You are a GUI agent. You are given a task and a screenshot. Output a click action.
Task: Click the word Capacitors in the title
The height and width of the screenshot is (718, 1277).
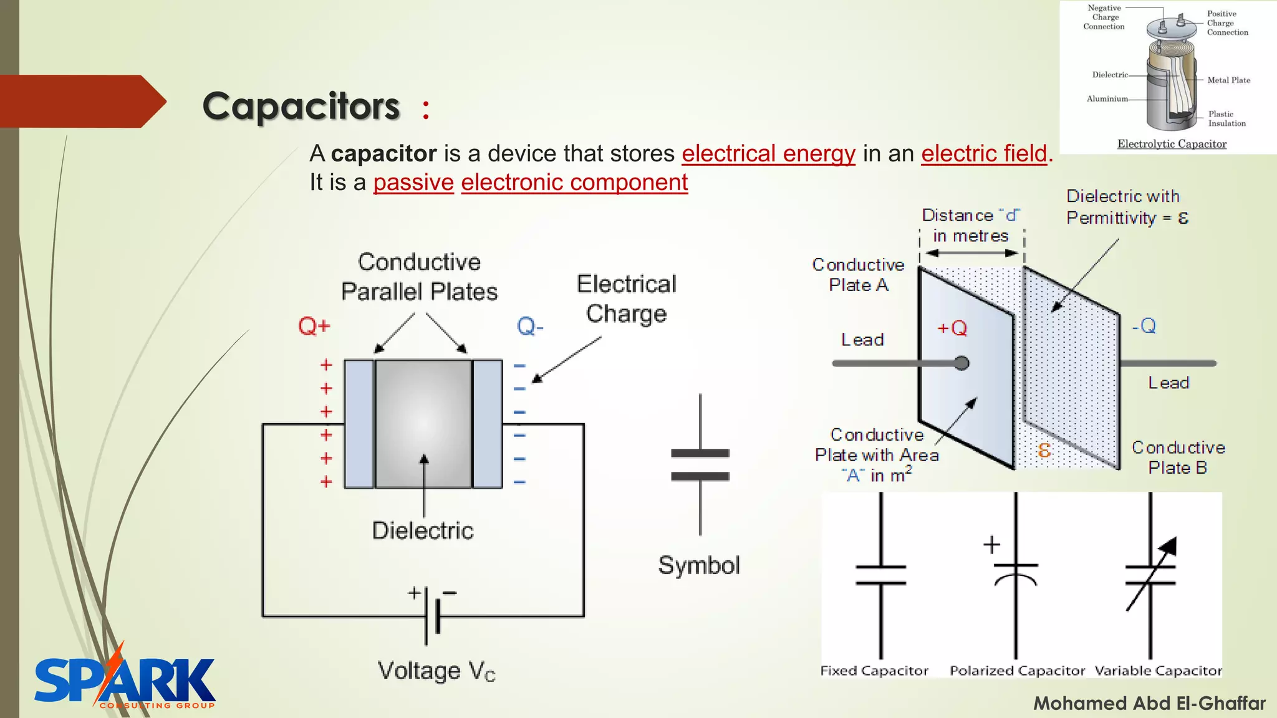(x=301, y=106)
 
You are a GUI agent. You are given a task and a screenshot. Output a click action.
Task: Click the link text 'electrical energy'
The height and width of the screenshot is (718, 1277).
(x=768, y=153)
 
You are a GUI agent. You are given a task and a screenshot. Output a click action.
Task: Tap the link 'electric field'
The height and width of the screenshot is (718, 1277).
(x=984, y=153)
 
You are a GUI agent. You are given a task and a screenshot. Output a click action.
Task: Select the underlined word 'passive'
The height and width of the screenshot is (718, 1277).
(x=413, y=183)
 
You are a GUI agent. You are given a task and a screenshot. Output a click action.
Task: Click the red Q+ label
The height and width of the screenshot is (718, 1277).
(x=314, y=326)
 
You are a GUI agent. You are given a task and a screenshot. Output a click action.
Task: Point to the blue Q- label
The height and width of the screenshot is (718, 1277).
(x=530, y=326)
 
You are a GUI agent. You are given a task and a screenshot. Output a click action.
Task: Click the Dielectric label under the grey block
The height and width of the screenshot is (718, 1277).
(x=423, y=530)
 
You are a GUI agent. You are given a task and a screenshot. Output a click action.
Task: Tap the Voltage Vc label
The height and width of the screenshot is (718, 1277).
(x=436, y=671)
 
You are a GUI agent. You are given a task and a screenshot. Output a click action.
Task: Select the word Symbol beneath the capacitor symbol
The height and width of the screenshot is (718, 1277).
(x=699, y=565)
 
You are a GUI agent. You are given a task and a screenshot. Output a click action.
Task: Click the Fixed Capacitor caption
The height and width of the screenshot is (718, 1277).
(x=874, y=671)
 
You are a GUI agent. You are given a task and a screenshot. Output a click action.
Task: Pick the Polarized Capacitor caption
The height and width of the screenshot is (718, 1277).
(x=1017, y=671)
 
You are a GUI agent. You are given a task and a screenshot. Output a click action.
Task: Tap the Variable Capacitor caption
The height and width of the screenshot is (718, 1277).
(x=1158, y=671)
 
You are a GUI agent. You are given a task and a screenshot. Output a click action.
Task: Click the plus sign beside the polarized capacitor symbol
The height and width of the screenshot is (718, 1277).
(x=991, y=545)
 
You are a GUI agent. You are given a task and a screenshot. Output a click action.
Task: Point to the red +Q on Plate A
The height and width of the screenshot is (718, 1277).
(x=952, y=328)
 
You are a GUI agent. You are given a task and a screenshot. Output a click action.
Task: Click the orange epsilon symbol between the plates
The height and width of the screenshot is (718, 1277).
(x=1044, y=450)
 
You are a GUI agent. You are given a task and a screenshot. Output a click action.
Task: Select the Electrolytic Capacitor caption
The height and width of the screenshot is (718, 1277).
(x=1172, y=144)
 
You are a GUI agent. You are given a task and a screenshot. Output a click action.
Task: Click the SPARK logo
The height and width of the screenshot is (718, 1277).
(x=125, y=679)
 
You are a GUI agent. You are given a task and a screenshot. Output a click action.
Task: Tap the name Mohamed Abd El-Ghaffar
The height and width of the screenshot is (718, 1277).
(x=1149, y=703)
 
